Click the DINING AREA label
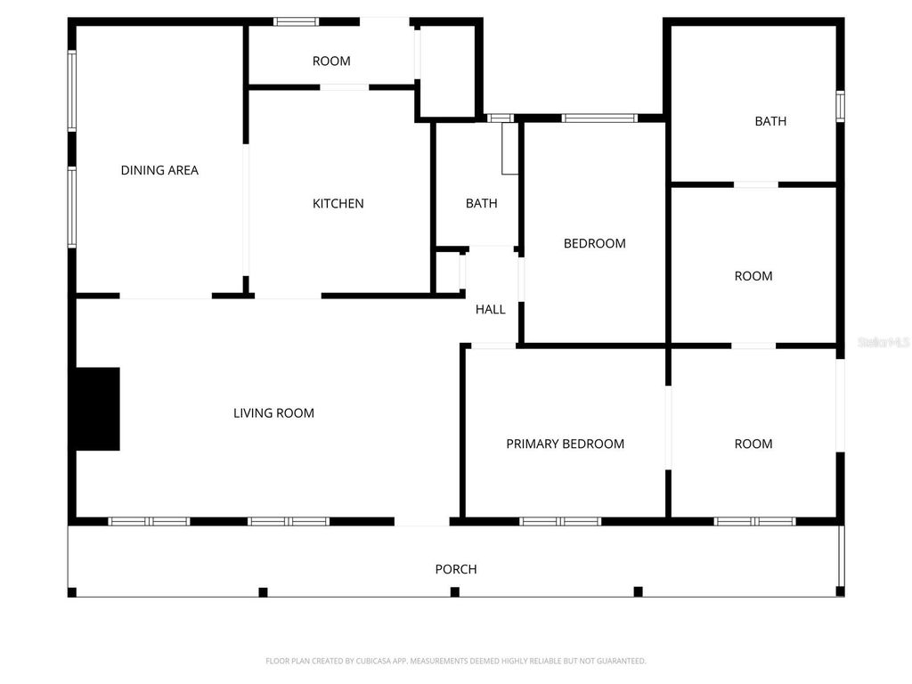click(159, 170)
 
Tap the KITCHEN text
click(338, 203)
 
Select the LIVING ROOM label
click(273, 412)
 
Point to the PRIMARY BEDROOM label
click(565, 444)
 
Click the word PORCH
click(455, 569)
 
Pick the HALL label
click(490, 309)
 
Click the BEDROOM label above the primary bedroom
click(594, 243)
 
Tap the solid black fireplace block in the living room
click(95, 408)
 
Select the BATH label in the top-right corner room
click(770, 121)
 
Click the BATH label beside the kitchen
click(481, 203)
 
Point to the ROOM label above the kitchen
click(331, 61)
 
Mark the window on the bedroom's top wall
click(599, 118)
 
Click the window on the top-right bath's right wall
click(840, 106)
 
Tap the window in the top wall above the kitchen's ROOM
click(296, 21)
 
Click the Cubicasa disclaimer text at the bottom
click(455, 661)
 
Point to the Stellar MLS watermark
click(883, 342)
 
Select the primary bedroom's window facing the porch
click(560, 521)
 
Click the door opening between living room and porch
click(421, 522)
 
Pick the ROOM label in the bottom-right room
click(753, 444)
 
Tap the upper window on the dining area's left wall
click(72, 91)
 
